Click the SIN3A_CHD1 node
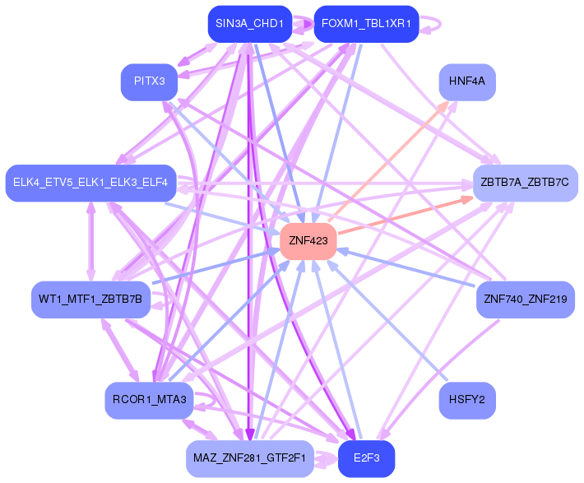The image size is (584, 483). pos(249,24)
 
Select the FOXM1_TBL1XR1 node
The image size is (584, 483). pos(366,24)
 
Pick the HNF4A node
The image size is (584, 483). pos(467,81)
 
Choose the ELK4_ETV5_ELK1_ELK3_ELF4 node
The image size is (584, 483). pos(90,182)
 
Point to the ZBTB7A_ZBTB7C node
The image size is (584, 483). pos(525,182)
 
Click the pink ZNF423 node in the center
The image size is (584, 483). pos(308,241)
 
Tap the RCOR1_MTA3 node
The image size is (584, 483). pos(149,401)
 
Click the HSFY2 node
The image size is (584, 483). pos(467,401)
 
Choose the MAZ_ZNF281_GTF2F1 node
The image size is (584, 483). pos(249,458)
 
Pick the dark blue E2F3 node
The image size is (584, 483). pos(366,458)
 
